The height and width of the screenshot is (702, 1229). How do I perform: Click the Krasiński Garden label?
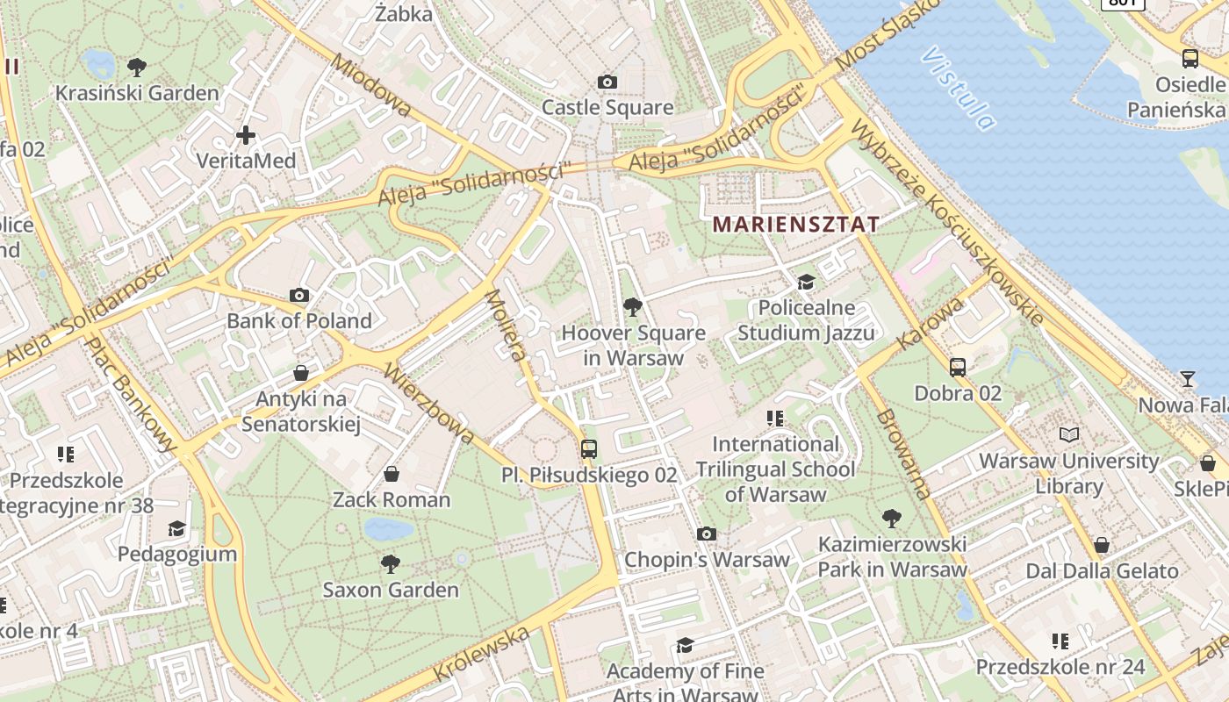(137, 93)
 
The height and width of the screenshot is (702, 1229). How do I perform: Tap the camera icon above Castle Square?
(607, 82)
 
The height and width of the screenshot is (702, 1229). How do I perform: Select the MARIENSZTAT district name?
(795, 224)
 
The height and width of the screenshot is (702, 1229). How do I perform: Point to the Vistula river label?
(959, 89)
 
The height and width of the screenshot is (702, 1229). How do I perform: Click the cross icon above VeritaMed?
(246, 135)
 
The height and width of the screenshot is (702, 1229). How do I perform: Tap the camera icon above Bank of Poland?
(299, 296)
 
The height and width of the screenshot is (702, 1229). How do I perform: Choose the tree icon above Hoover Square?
(631, 307)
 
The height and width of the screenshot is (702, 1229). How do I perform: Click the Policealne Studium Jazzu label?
(806, 320)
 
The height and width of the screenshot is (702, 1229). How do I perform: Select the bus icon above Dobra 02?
(958, 368)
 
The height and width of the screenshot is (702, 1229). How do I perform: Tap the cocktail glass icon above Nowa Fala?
(1188, 379)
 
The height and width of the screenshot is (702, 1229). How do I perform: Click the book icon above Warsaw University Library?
(1068, 434)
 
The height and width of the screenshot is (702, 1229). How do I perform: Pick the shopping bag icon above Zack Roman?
(392, 475)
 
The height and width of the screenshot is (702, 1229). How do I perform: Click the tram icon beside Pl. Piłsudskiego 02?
(589, 449)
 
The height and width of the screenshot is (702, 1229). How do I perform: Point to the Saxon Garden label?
(391, 590)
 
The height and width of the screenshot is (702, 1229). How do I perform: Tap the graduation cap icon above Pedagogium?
(177, 528)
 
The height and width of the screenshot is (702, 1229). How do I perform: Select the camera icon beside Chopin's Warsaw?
(707, 534)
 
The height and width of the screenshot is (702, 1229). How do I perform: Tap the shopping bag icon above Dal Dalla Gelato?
(1102, 546)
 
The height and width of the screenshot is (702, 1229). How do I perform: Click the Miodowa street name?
(370, 84)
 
